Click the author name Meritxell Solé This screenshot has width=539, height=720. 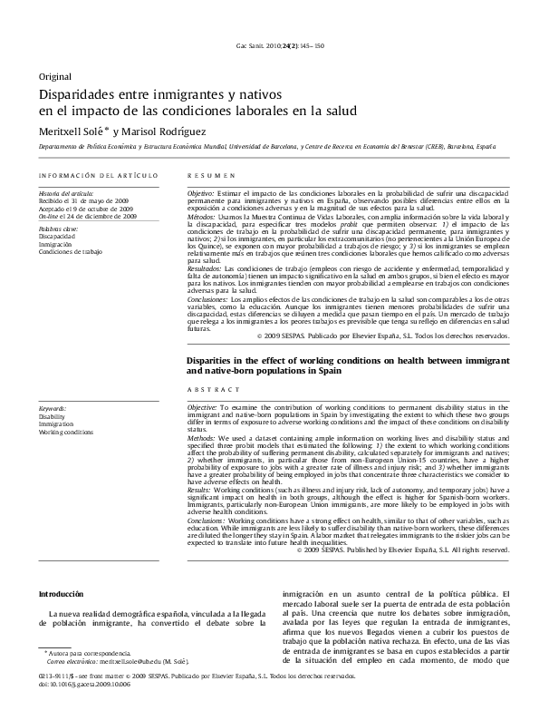72,131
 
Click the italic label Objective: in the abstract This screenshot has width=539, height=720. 202,409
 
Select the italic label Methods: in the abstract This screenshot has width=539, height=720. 201,438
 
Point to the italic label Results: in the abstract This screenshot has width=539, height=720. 200,488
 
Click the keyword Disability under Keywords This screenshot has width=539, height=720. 52,418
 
